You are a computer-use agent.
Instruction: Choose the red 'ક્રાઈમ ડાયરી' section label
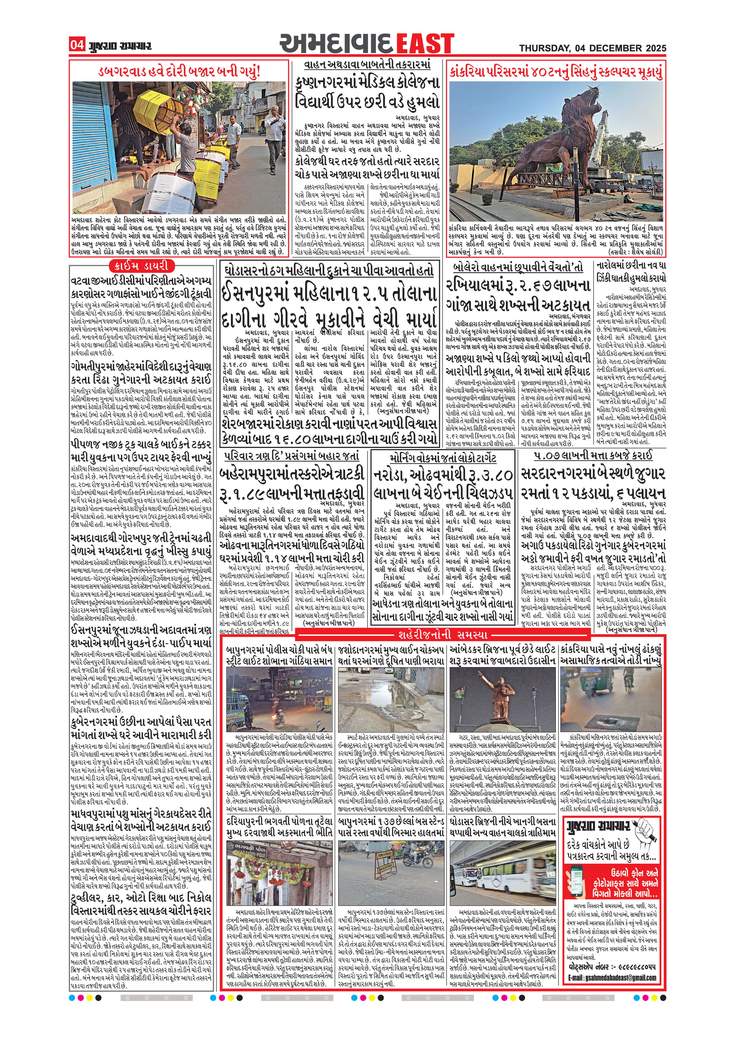pos(141,266)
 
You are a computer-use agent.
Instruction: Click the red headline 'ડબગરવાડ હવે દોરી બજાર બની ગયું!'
pos(180,72)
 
